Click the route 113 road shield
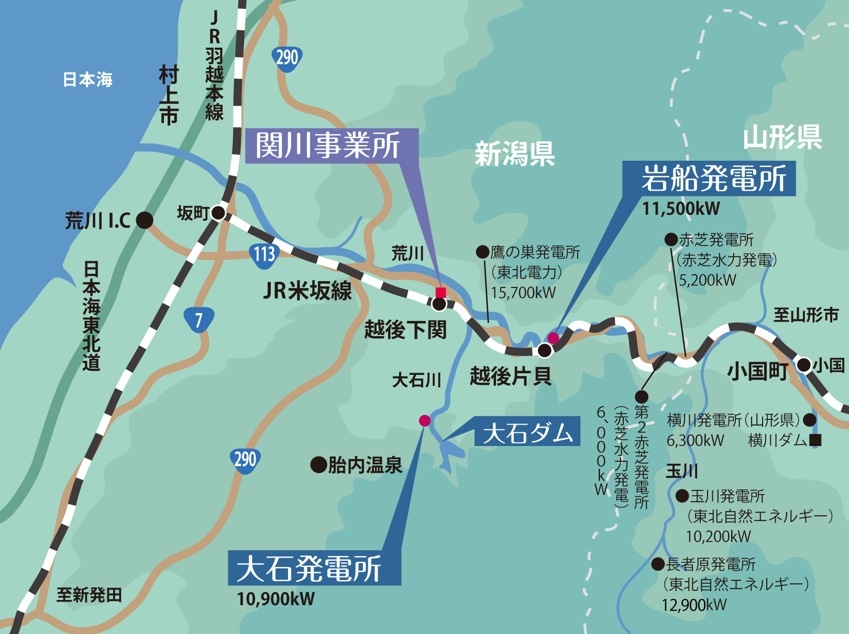[264, 254]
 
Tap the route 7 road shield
[199, 319]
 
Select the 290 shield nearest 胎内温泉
[245, 460]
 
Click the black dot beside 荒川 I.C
[145, 220]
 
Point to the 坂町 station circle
[218, 213]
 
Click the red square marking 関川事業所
[440, 292]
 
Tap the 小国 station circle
[804, 364]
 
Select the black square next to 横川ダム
[815, 440]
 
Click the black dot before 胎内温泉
[318, 464]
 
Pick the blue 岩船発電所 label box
[709, 179]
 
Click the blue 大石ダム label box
[527, 431]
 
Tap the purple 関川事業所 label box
[332, 146]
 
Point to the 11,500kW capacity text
[681, 209]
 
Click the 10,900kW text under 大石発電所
[275, 598]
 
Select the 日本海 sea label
[87, 80]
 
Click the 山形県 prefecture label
[782, 137]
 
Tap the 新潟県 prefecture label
[514, 154]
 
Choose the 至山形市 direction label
[806, 315]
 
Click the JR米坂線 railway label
[307, 291]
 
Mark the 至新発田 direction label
[89, 595]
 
